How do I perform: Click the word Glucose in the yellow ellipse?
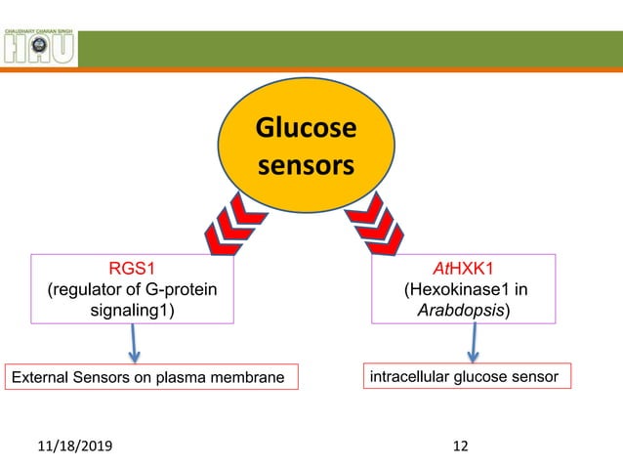pos(306,129)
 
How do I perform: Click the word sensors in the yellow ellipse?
pos(306,165)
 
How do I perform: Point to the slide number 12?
pos(461,446)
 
